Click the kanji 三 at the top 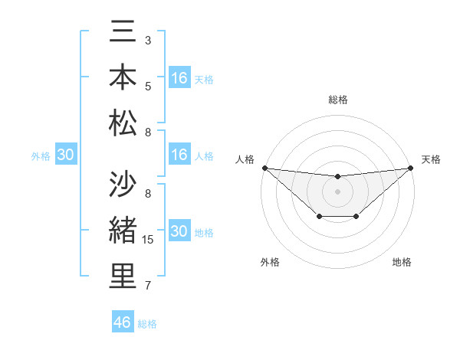123,32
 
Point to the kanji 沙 123,185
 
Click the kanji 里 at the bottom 123,276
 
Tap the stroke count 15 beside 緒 149,240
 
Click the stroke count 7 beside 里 148,286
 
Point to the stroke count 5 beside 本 148,86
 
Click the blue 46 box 123,322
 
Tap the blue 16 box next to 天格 179,77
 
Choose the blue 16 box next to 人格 179,155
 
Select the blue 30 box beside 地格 179,231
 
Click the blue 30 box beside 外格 65,155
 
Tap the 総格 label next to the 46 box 147,324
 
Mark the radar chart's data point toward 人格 264,168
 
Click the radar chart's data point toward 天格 410,168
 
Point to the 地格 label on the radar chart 402,262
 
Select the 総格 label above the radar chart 337,100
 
